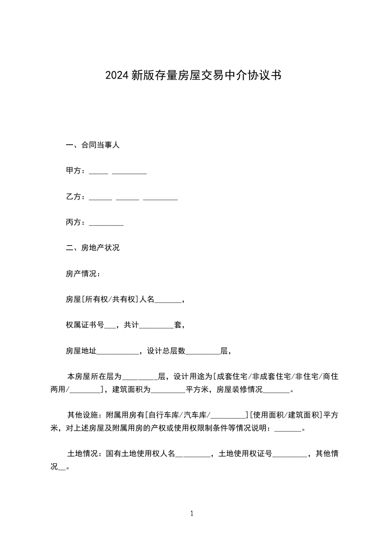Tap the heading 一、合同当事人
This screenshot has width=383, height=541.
(x=92, y=145)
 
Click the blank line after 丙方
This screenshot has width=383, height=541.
(x=106, y=223)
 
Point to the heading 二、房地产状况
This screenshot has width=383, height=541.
(x=92, y=248)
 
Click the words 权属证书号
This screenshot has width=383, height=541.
(x=85, y=325)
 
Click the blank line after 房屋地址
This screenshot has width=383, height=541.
(x=117, y=352)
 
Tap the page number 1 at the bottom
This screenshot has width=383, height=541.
(x=192, y=514)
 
